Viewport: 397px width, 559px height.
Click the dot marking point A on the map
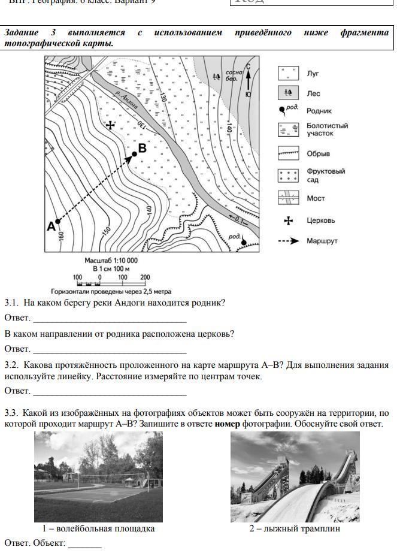click(57, 221)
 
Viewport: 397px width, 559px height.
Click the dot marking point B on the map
click(135, 153)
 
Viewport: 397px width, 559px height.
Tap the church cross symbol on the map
click(110, 125)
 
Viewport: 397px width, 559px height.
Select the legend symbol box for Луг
click(288, 74)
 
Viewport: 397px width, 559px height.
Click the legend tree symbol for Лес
click(288, 93)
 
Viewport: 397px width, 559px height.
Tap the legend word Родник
click(319, 111)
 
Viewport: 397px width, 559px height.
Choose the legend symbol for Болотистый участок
click(288, 129)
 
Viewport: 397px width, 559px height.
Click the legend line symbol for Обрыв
click(288, 154)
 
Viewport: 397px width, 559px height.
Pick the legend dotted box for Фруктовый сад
click(288, 176)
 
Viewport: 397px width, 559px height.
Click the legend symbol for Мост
click(288, 197)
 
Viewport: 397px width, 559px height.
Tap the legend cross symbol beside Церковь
click(288, 220)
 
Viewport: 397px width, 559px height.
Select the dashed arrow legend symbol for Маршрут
click(288, 241)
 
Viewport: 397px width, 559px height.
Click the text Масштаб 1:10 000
click(111, 261)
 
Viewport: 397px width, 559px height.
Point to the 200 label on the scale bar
click(145, 277)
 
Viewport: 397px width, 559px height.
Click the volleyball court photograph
click(98, 477)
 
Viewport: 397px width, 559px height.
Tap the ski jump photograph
click(295, 477)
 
